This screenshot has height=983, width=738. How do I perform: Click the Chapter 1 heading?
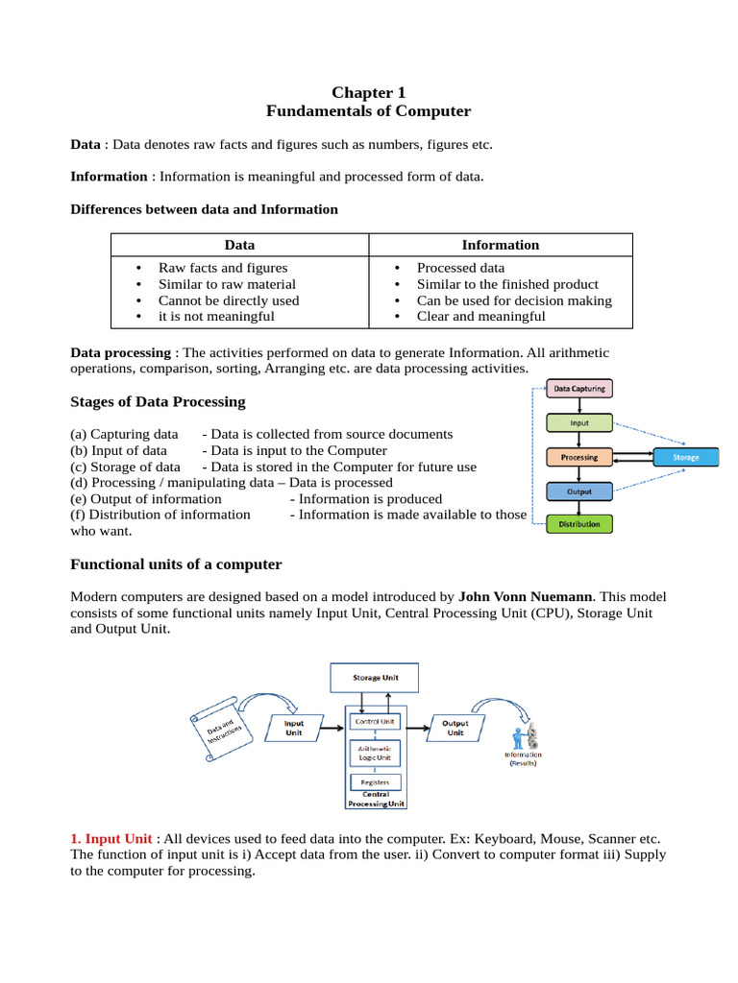tap(369, 92)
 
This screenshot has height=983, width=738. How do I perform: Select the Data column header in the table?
tap(239, 245)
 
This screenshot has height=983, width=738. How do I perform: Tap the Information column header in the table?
tap(501, 245)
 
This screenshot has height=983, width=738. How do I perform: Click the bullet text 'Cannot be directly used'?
tap(229, 300)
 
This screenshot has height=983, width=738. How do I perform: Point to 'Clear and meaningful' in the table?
tap(480, 317)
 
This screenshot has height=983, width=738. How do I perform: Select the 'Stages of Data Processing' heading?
tap(158, 401)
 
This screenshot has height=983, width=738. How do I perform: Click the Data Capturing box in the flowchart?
tap(578, 389)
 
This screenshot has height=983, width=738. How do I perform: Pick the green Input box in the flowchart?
tap(578, 422)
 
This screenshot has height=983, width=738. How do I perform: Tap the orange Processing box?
tap(578, 457)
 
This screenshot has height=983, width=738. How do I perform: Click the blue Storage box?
tap(686, 457)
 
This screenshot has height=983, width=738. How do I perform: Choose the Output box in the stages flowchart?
tap(578, 491)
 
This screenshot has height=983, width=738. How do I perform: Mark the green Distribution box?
tap(578, 524)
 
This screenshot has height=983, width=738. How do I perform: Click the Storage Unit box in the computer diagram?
tap(376, 678)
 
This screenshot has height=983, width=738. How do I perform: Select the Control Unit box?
tap(375, 720)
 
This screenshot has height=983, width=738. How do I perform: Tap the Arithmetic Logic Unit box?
tap(375, 753)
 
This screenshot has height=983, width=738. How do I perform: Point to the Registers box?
tap(375, 782)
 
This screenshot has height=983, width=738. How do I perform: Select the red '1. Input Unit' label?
tap(111, 839)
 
